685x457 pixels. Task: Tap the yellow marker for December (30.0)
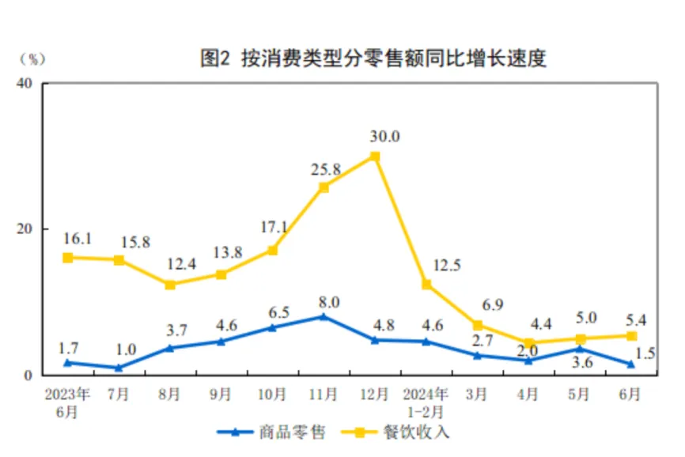coord(375,157)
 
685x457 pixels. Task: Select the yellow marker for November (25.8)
coord(324,187)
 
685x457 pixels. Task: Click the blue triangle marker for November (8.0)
coord(324,316)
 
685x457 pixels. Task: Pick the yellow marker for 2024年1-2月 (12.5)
coord(426,285)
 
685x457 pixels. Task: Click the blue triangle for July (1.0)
coord(119,368)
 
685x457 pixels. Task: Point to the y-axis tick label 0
coord(27,375)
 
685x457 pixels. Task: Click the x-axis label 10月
coord(272,393)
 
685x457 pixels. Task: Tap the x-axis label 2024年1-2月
coord(426,400)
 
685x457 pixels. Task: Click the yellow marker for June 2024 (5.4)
coord(631,336)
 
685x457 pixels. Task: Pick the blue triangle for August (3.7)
coord(170,348)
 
